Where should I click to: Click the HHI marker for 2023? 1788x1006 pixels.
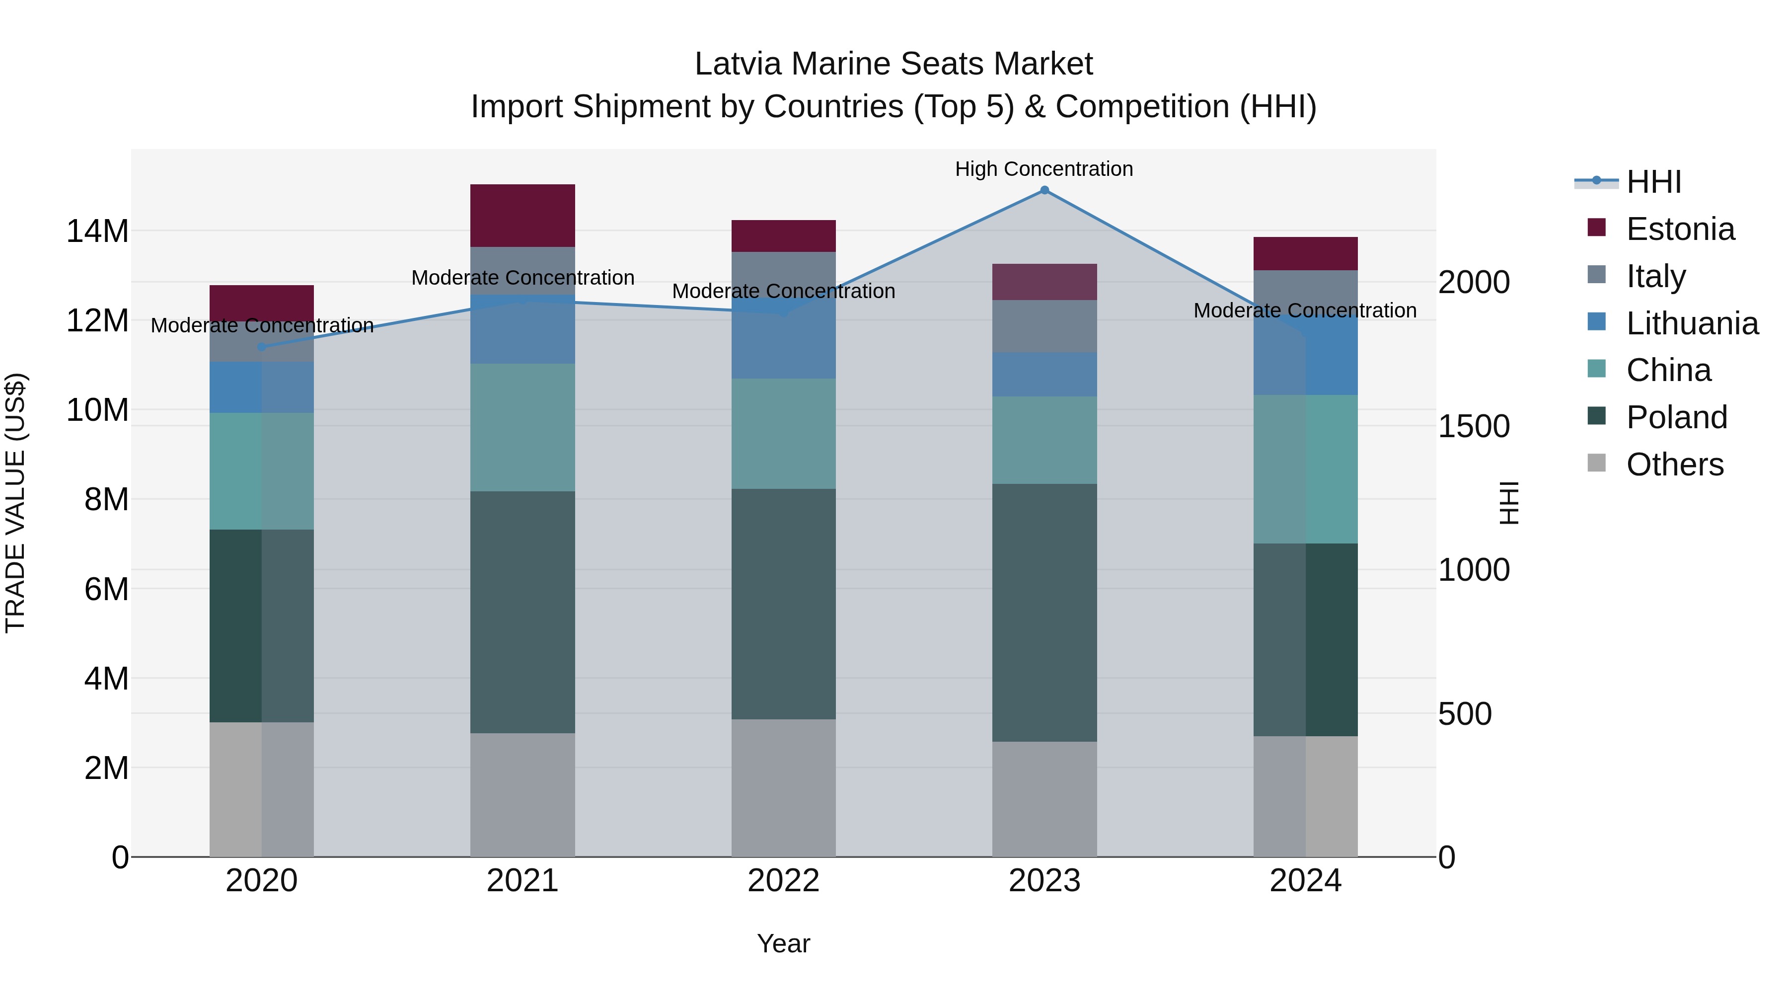pyautogui.click(x=1044, y=190)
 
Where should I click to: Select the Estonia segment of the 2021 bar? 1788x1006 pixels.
pyautogui.click(x=522, y=216)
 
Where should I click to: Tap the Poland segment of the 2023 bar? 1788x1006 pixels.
pyautogui.click(x=1044, y=613)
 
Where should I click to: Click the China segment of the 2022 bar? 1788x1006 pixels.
pyautogui.click(x=784, y=434)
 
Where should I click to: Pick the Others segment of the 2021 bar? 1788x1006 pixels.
pyautogui.click(x=522, y=795)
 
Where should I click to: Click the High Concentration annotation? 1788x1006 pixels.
pyautogui.click(x=1044, y=169)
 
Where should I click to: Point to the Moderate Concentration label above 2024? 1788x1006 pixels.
pyautogui.click(x=1305, y=310)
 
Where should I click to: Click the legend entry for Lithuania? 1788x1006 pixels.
pyautogui.click(x=1692, y=323)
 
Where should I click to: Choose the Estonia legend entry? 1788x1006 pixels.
pyautogui.click(x=1680, y=229)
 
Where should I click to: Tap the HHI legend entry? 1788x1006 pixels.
pyautogui.click(x=1653, y=182)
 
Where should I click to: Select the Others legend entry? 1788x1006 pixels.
pyautogui.click(x=1674, y=464)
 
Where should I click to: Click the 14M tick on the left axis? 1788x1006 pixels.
pyautogui.click(x=97, y=231)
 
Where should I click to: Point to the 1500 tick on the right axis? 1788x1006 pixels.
pyautogui.click(x=1474, y=426)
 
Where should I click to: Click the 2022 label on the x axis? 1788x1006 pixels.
pyautogui.click(x=784, y=881)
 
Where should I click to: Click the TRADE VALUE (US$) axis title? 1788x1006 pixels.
pyautogui.click(x=15, y=503)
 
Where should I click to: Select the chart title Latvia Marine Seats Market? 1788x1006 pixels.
pyautogui.click(x=894, y=64)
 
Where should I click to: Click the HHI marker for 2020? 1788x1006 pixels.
pyautogui.click(x=262, y=346)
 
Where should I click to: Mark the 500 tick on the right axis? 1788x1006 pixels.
pyautogui.click(x=1465, y=714)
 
